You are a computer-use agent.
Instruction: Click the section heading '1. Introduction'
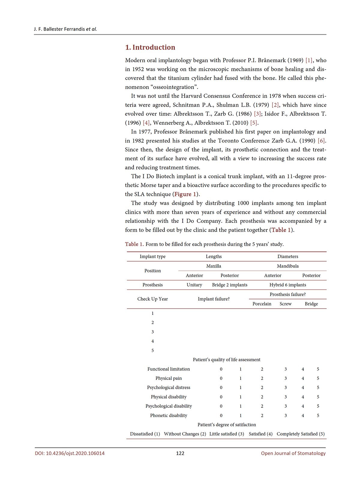coord(150,47)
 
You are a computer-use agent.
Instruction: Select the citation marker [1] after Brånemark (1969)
coord(309,60)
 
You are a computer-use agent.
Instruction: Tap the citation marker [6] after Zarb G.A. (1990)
coord(321,141)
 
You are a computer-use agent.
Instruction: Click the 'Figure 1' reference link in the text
coord(185,194)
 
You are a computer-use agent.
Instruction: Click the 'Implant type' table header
coord(152,257)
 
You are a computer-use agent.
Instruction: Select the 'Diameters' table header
coord(288,257)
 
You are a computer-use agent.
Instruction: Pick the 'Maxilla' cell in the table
coord(214,266)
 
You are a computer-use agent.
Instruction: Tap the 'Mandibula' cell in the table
coord(288,266)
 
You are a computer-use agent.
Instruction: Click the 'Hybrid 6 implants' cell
coord(288,285)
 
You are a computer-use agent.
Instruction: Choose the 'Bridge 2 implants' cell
coord(230,285)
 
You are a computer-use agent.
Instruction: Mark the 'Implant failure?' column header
coord(214,299)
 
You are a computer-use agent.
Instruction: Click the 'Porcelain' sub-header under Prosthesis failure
coord(262,304)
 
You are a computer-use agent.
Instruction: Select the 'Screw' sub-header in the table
coord(286,304)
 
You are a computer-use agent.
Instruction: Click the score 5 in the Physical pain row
coord(318,378)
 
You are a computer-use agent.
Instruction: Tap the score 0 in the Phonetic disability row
coord(221,416)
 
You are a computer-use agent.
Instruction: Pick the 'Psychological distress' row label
coord(169,388)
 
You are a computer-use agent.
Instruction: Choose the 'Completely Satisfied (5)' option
coord(301,434)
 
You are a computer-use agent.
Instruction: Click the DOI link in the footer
coord(70,453)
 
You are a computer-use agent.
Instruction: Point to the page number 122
coord(180,453)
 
